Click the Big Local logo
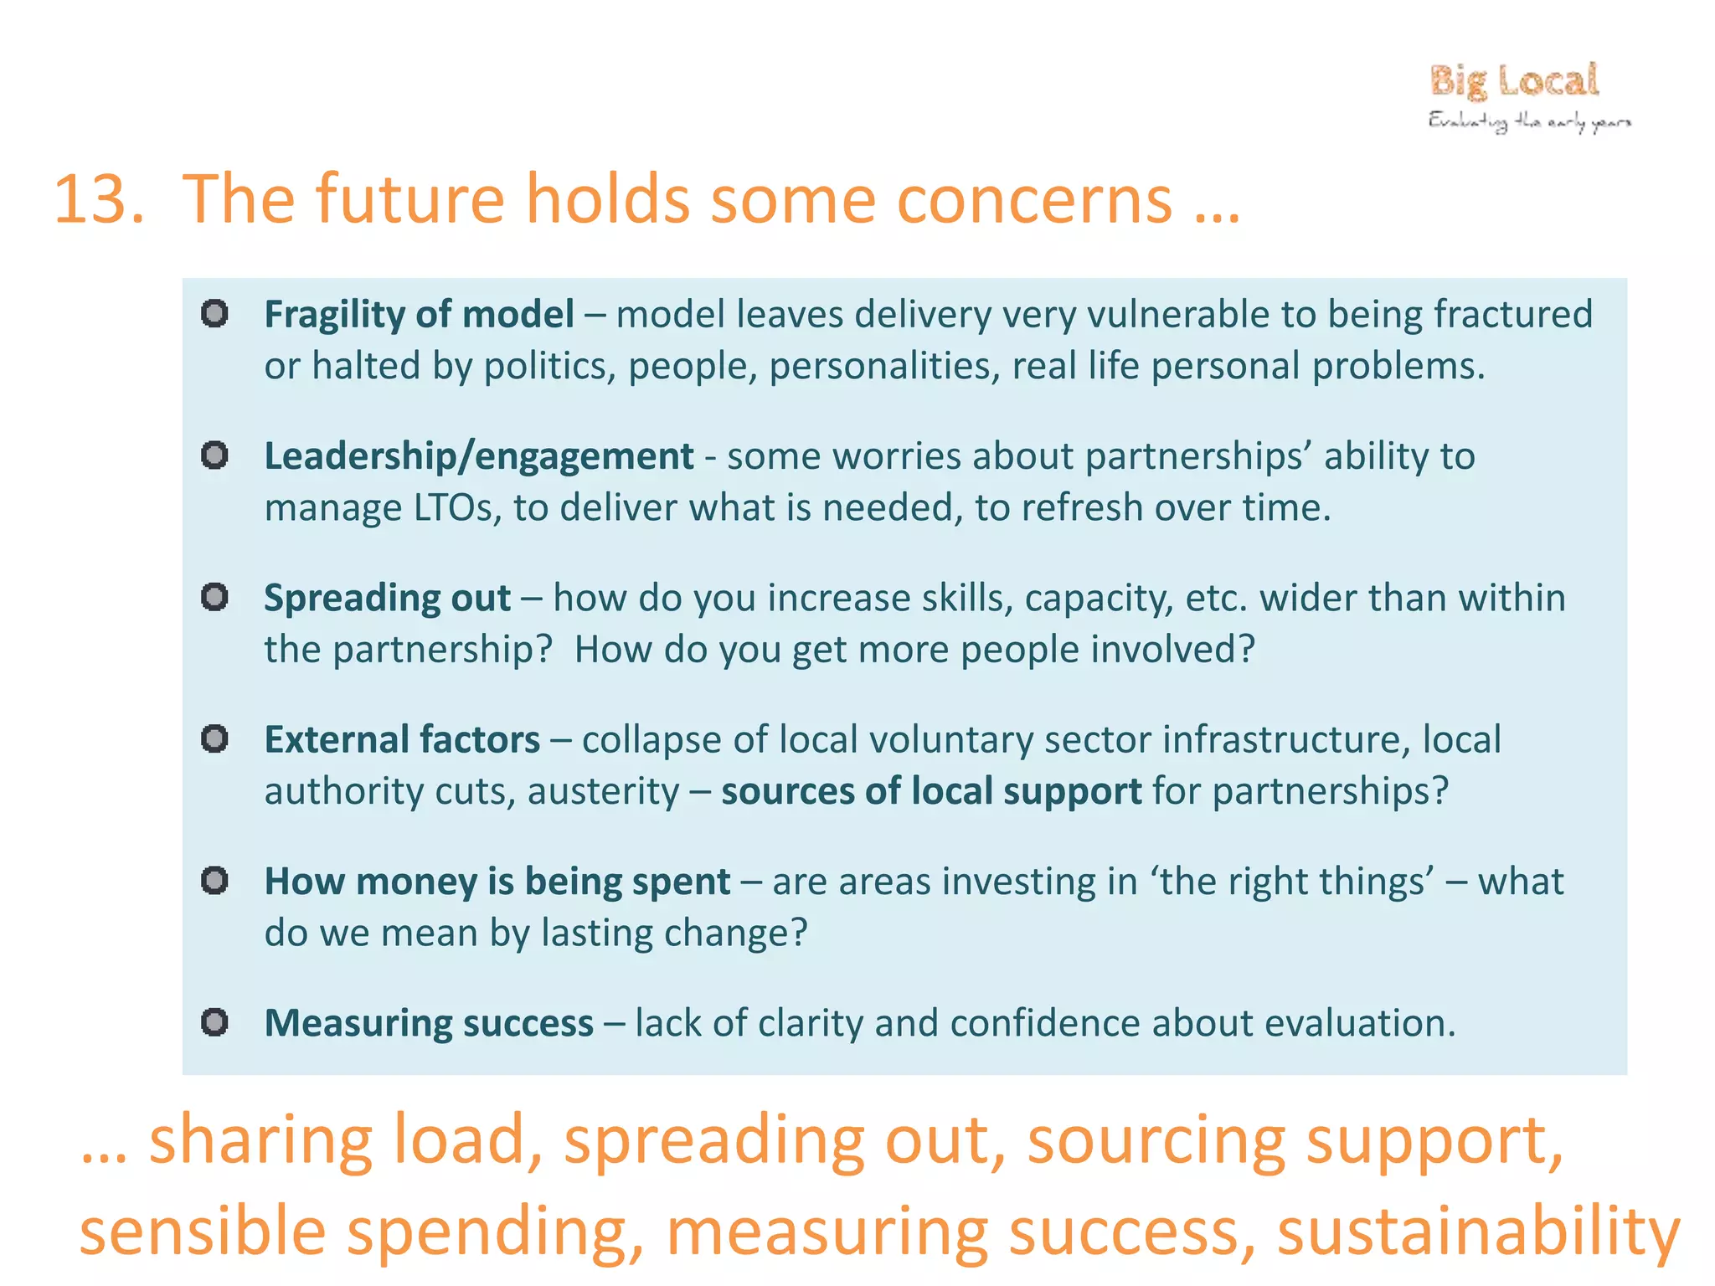[x=1514, y=81]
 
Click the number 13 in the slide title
[x=99, y=199]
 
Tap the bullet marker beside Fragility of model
[x=214, y=313]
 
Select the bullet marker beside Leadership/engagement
[x=214, y=455]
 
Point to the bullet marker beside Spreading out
[x=214, y=597]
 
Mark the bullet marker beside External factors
[x=214, y=738]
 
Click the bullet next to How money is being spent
[x=214, y=880]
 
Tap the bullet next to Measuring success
[x=214, y=1022]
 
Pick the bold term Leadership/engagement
[x=479, y=457]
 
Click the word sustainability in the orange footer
[x=1478, y=1232]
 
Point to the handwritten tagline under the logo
[x=1530, y=122]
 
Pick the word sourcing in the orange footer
[x=1156, y=1141]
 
